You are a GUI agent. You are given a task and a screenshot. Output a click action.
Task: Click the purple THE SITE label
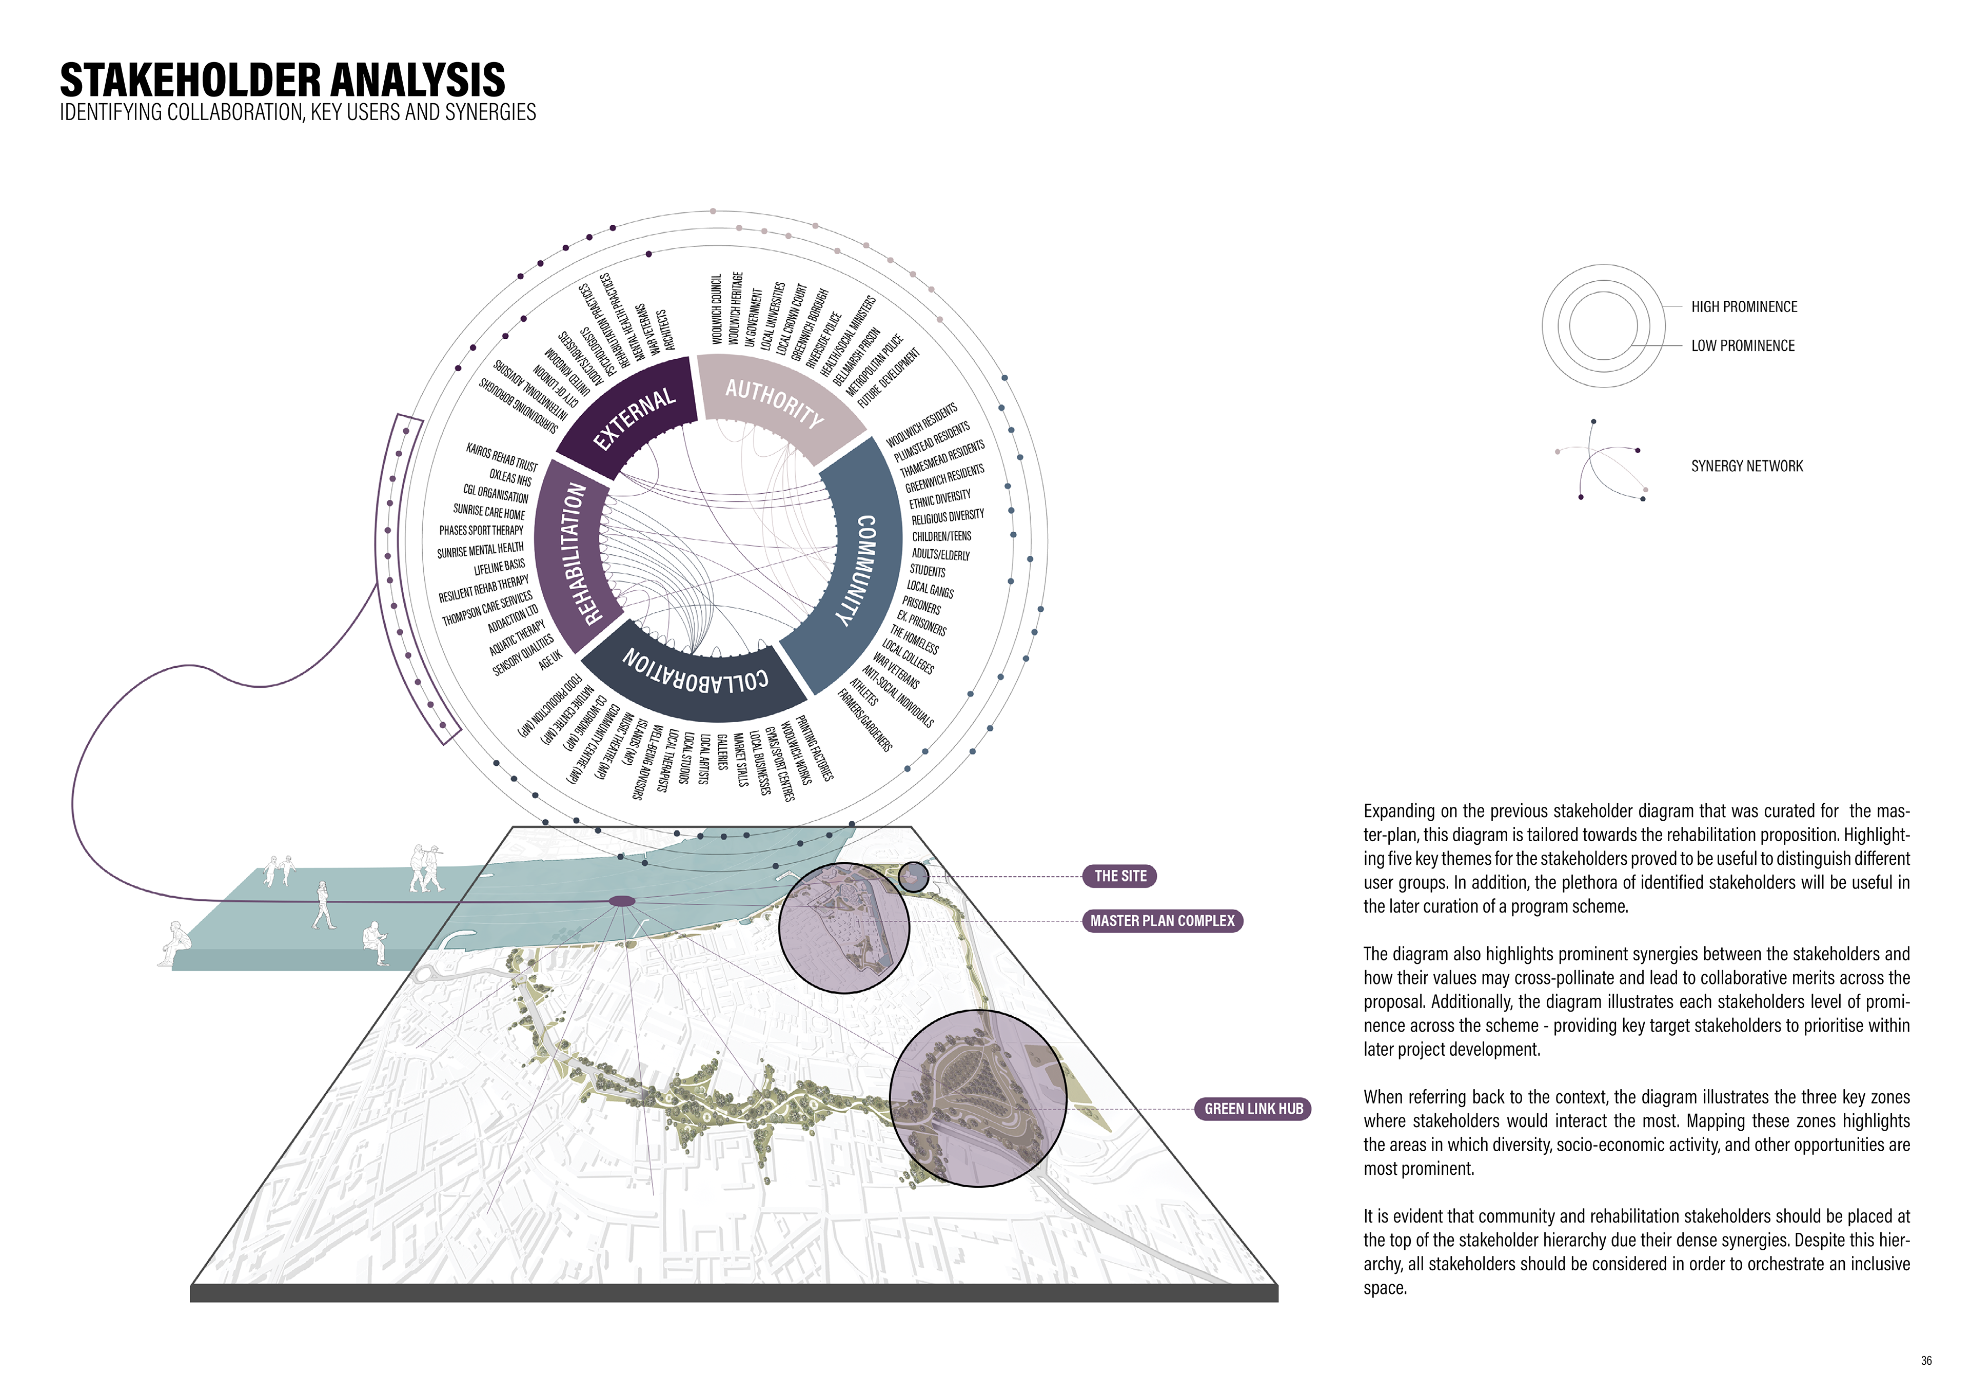click(x=1120, y=877)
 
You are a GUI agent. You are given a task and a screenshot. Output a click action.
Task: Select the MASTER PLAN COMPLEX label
click(x=1162, y=921)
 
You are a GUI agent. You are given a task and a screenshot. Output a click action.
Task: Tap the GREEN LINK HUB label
click(x=1253, y=1109)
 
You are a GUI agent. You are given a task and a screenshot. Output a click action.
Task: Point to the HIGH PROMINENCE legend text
click(x=1743, y=307)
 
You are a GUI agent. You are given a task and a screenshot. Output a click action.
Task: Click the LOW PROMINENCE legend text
click(x=1743, y=346)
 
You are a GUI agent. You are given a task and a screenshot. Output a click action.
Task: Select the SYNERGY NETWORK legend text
click(x=1747, y=466)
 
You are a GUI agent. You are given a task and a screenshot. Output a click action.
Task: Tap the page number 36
click(x=1926, y=1361)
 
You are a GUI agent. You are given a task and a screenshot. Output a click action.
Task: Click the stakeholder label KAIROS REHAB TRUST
click(x=502, y=457)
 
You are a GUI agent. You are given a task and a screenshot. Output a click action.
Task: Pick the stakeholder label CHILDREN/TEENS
click(x=941, y=536)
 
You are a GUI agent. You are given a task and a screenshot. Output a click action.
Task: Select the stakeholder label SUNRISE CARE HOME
click(x=489, y=512)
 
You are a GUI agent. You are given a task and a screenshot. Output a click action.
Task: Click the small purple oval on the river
click(x=621, y=901)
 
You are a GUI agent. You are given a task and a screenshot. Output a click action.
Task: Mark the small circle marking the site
click(x=913, y=877)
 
